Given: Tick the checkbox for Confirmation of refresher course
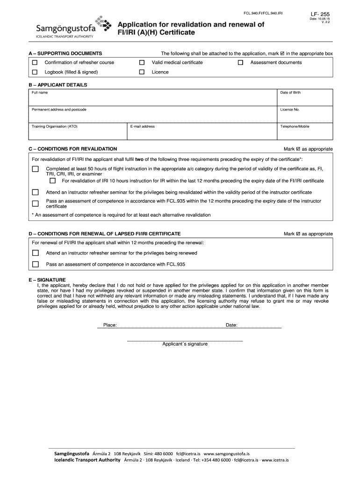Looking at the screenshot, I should (x=35, y=63).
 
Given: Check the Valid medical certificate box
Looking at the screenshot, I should (x=142, y=63).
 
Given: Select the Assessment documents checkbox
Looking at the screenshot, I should (x=241, y=63).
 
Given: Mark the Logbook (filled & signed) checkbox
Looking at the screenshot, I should (x=35, y=73).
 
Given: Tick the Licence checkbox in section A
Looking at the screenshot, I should (x=142, y=73).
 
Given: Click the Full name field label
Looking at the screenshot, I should (x=39, y=93).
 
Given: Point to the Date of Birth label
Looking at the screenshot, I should (x=290, y=93).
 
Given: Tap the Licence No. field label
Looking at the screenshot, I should (x=289, y=109).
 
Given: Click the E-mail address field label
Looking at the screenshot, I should (x=143, y=126).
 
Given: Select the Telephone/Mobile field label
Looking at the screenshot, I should (x=295, y=126).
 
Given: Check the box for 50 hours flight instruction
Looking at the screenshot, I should (x=35, y=169).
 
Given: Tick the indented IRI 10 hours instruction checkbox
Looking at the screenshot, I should (x=52, y=181).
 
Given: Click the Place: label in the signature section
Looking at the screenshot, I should (x=110, y=325).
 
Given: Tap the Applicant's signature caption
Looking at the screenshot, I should (x=185, y=344).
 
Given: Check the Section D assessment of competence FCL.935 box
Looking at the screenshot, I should (x=35, y=264).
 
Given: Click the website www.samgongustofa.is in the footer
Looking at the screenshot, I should (x=227, y=454).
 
